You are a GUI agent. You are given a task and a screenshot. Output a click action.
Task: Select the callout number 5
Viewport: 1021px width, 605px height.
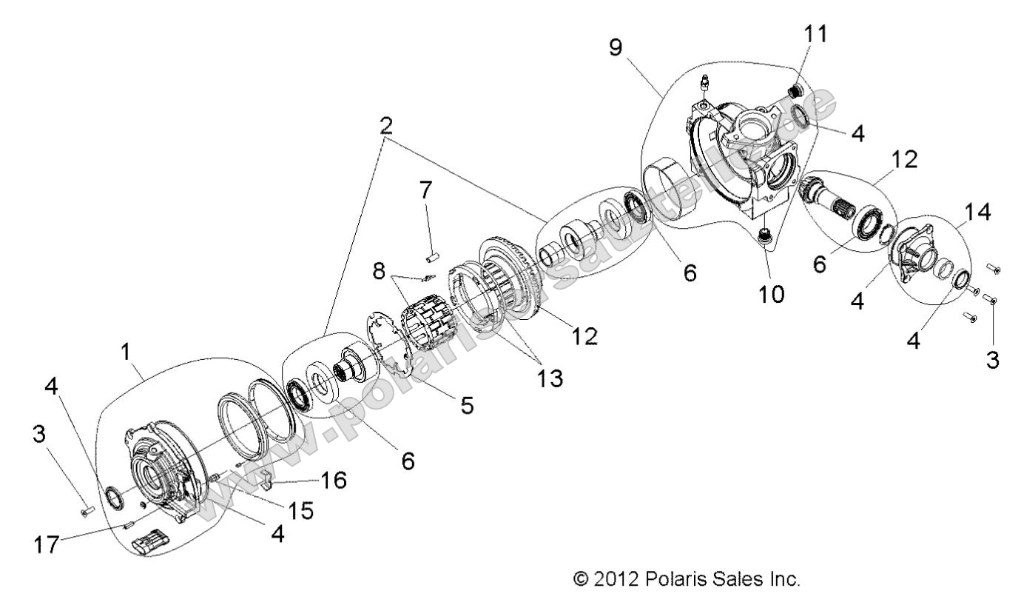pos(466,405)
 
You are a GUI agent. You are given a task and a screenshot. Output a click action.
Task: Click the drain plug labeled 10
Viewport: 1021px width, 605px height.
pos(766,238)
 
